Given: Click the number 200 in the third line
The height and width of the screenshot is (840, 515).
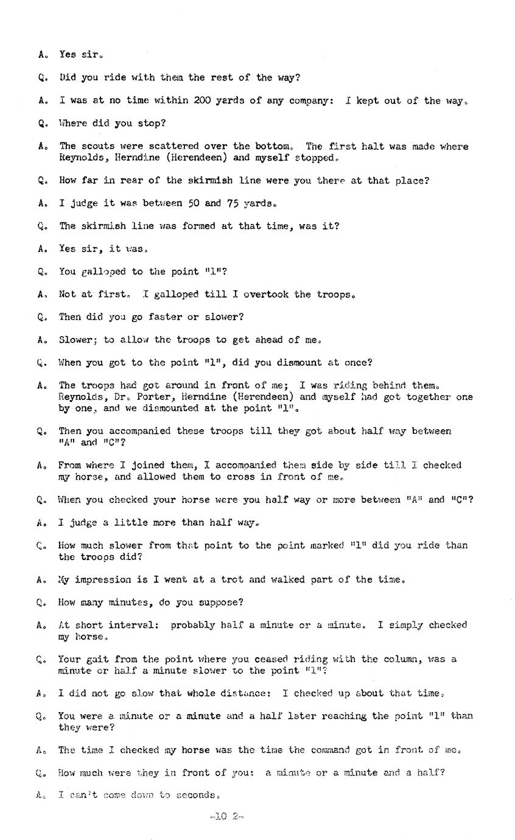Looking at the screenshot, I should (x=203, y=100).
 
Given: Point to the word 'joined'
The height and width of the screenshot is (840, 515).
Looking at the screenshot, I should (x=150, y=466).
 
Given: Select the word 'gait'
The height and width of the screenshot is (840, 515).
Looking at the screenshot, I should (x=94, y=659).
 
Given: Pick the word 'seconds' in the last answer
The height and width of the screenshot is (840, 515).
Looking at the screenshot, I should (x=196, y=796).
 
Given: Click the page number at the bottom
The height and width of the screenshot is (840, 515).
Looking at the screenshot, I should (x=226, y=816).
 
